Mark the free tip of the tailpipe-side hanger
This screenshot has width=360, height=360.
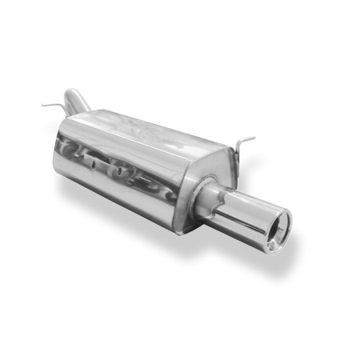[254, 141]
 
